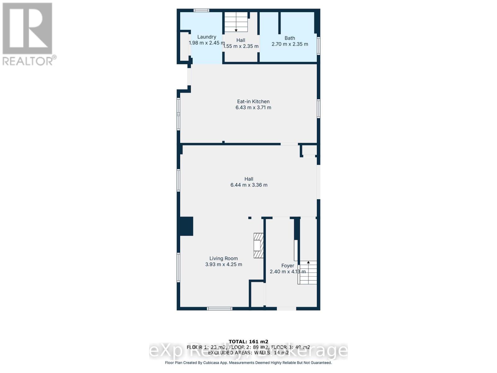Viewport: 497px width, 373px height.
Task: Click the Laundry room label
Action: (x=207, y=37)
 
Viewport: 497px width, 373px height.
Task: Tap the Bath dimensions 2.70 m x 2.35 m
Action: (x=290, y=44)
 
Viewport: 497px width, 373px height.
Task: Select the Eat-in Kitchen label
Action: (x=253, y=101)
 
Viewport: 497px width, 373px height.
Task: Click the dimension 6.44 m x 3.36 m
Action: (x=249, y=185)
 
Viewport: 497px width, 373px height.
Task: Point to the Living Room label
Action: (x=223, y=258)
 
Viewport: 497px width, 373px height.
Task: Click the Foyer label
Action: (x=287, y=265)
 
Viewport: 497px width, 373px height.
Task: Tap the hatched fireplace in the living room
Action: (x=258, y=246)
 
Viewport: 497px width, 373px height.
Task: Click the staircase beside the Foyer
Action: (x=308, y=273)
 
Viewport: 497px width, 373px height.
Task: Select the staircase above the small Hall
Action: (x=236, y=22)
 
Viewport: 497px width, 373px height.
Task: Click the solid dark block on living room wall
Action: (x=187, y=226)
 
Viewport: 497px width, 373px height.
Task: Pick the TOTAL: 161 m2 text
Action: (x=248, y=342)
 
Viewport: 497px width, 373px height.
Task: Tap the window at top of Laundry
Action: (x=201, y=10)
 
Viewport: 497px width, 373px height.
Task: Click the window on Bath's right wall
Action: (x=318, y=46)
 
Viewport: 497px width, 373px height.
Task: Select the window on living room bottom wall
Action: (x=220, y=309)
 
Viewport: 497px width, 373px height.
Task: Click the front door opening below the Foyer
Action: (x=286, y=309)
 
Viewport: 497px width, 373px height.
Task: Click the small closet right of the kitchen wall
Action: (x=309, y=150)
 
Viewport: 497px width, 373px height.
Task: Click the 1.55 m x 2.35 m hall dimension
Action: (x=241, y=46)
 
